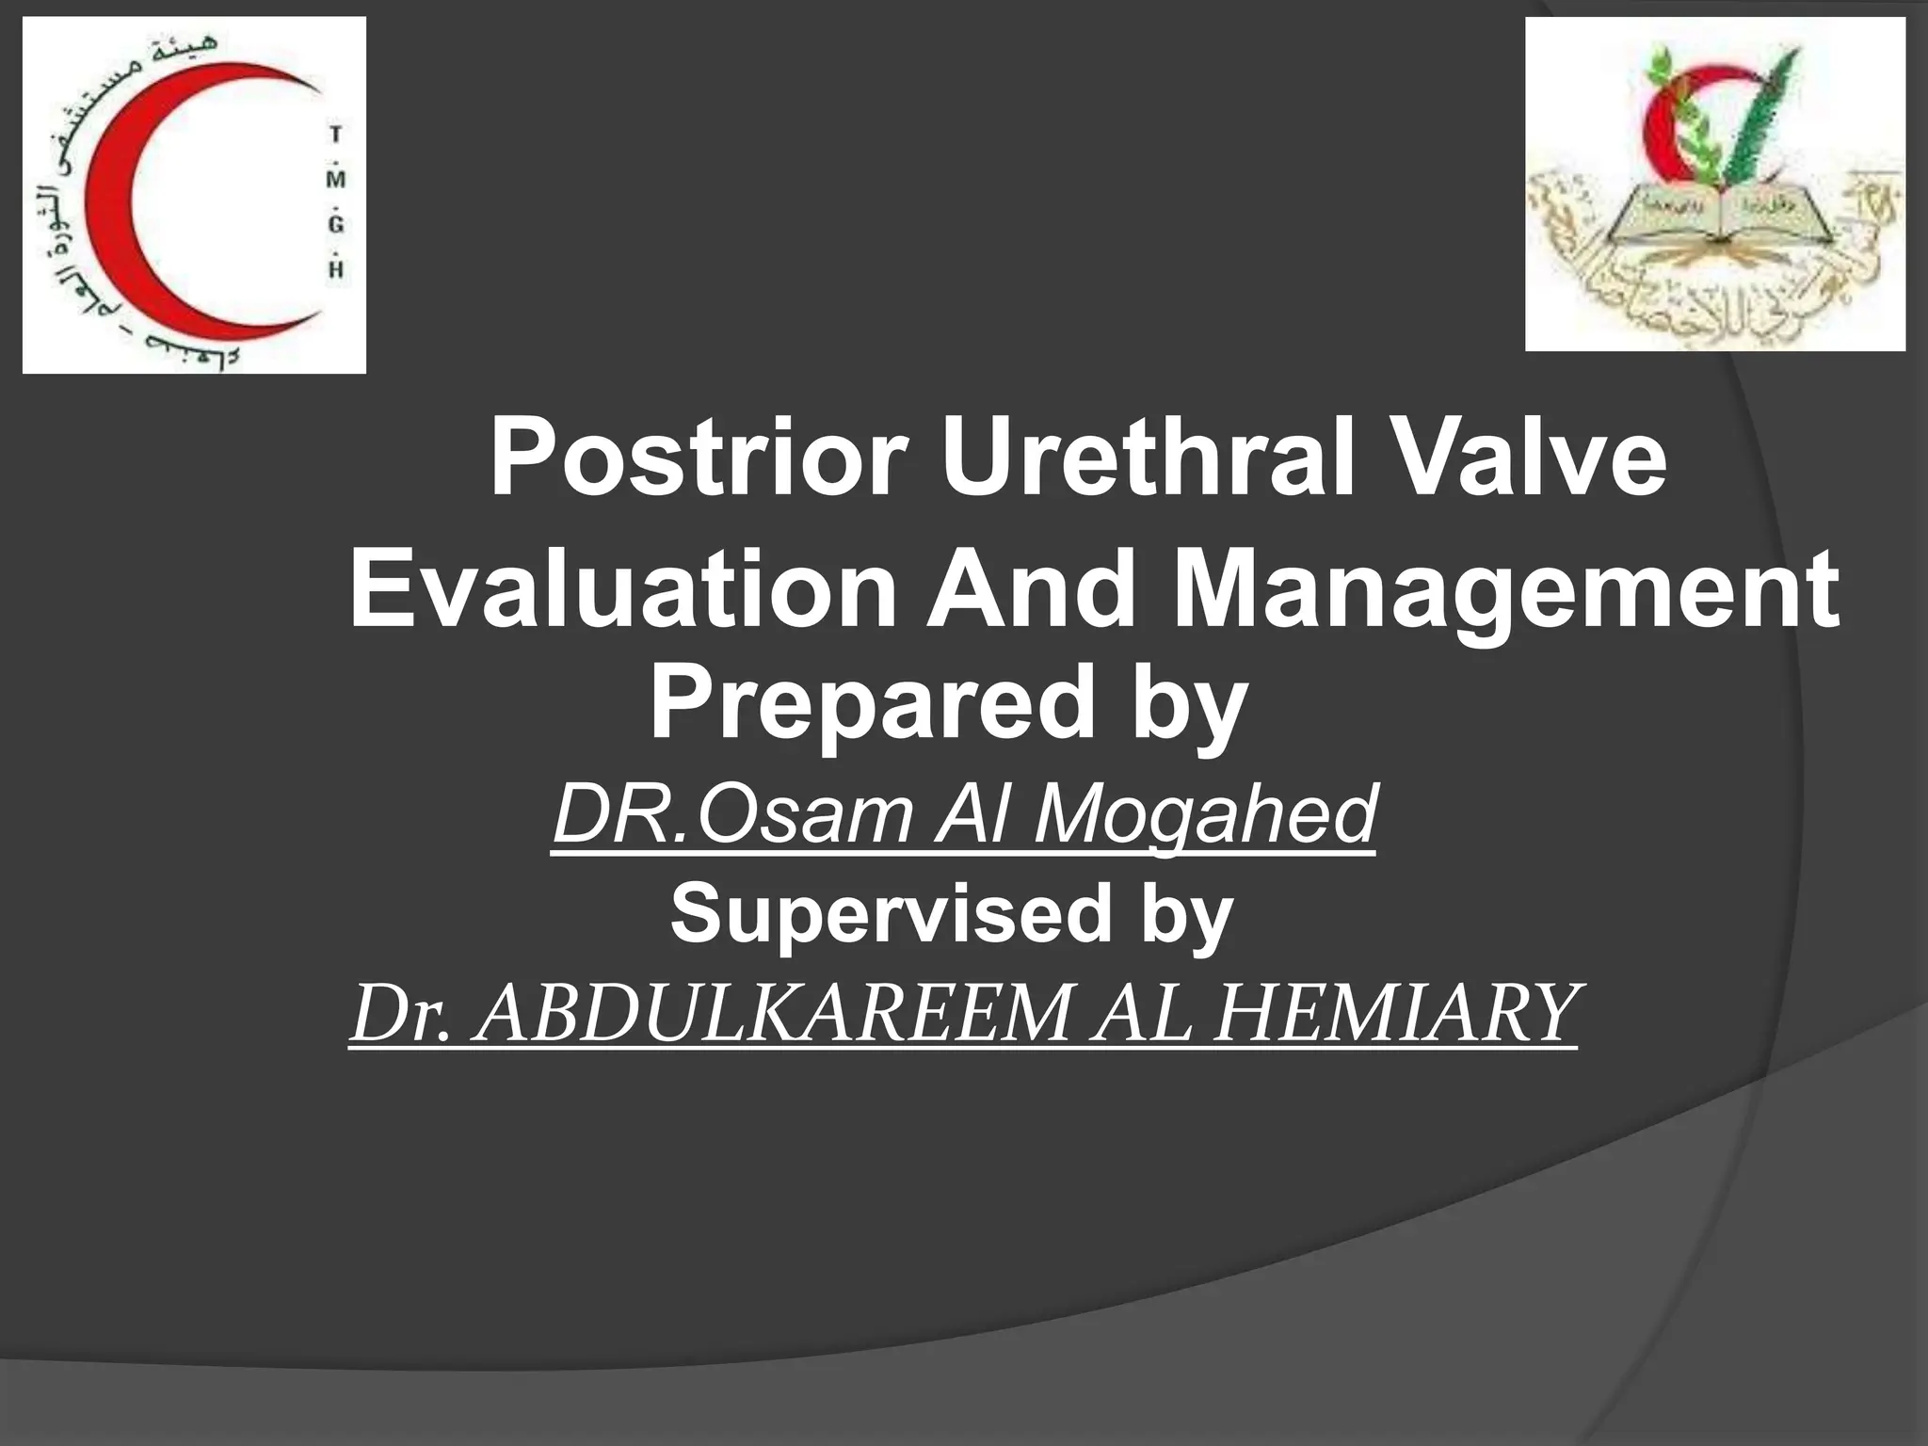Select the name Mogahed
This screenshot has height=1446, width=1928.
(x=1205, y=814)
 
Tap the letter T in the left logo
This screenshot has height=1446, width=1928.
(x=335, y=136)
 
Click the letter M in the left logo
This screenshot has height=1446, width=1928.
(x=336, y=179)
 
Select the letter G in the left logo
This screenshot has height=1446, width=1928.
(x=336, y=224)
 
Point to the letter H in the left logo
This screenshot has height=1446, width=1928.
(x=336, y=269)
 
